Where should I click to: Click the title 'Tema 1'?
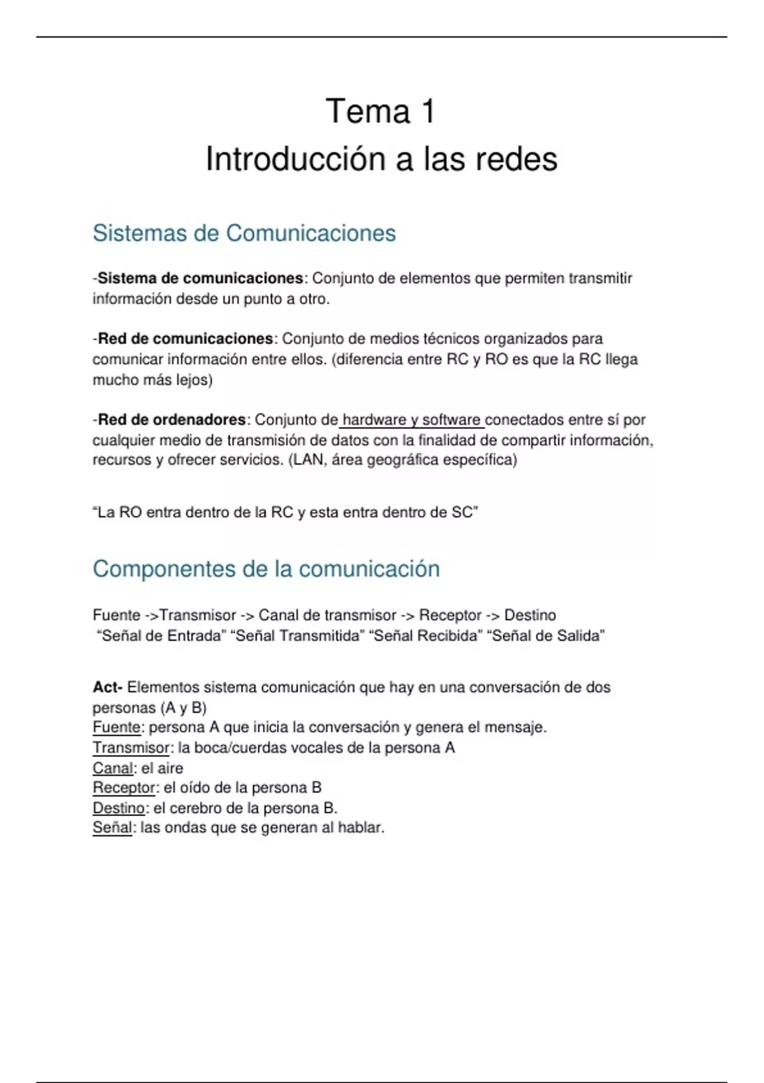tap(381, 111)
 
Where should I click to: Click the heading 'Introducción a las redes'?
tap(381, 159)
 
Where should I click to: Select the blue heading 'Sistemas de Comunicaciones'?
tap(244, 233)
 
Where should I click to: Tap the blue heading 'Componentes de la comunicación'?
tap(266, 569)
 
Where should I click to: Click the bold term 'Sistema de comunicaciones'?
tap(201, 278)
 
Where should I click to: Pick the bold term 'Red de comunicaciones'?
tap(185, 338)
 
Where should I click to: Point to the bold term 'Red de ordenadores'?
tap(171, 420)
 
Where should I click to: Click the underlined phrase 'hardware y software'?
tap(411, 420)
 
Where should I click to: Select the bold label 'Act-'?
tap(107, 687)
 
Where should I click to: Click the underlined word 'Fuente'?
tap(117, 728)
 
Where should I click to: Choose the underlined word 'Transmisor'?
tap(131, 748)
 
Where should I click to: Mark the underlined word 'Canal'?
tap(113, 768)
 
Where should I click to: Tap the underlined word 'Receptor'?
tap(124, 788)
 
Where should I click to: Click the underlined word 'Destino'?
tap(118, 808)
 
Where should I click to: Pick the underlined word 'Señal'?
tap(112, 828)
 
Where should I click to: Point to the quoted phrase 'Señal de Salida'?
tap(546, 636)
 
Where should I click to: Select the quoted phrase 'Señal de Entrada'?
tap(161, 636)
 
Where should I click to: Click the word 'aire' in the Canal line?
tap(170, 768)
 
